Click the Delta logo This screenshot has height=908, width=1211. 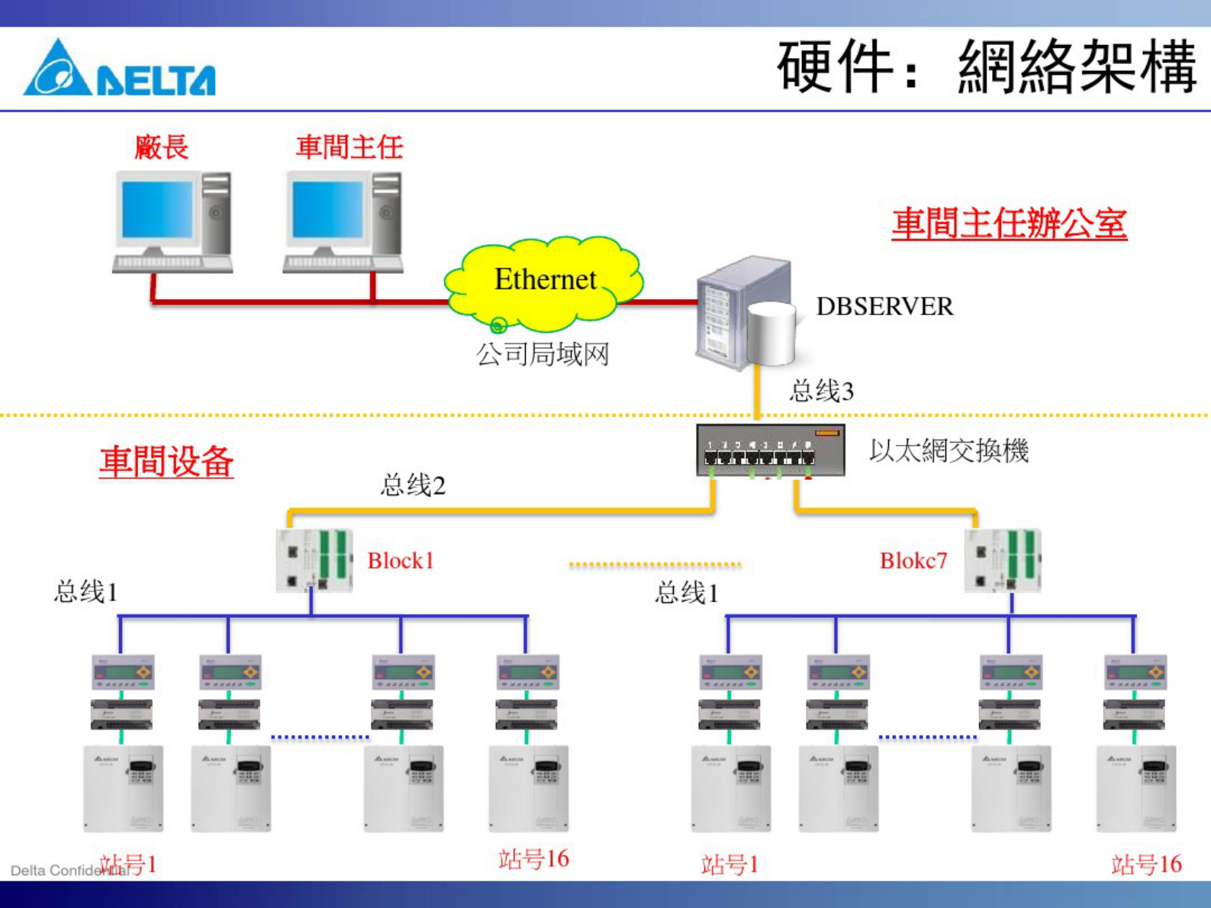[120, 69]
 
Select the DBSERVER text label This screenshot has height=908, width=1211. [884, 307]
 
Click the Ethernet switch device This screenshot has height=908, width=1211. [770, 450]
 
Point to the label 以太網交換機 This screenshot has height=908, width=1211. [949, 451]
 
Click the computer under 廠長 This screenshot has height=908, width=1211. [173, 221]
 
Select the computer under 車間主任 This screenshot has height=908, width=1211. [343, 221]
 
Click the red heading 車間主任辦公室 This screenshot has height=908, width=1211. [1009, 224]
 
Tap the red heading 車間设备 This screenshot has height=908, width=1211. [166, 462]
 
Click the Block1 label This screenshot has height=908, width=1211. [401, 561]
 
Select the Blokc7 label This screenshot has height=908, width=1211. [913, 561]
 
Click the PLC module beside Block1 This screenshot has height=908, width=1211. [314, 561]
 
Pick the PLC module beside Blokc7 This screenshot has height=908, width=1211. [1002, 561]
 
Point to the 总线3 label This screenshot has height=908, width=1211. [821, 391]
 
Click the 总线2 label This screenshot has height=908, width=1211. [413, 485]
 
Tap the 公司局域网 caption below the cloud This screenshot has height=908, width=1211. [542, 354]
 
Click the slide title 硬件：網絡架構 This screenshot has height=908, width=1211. [987, 67]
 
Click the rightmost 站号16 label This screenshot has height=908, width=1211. [1146, 865]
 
